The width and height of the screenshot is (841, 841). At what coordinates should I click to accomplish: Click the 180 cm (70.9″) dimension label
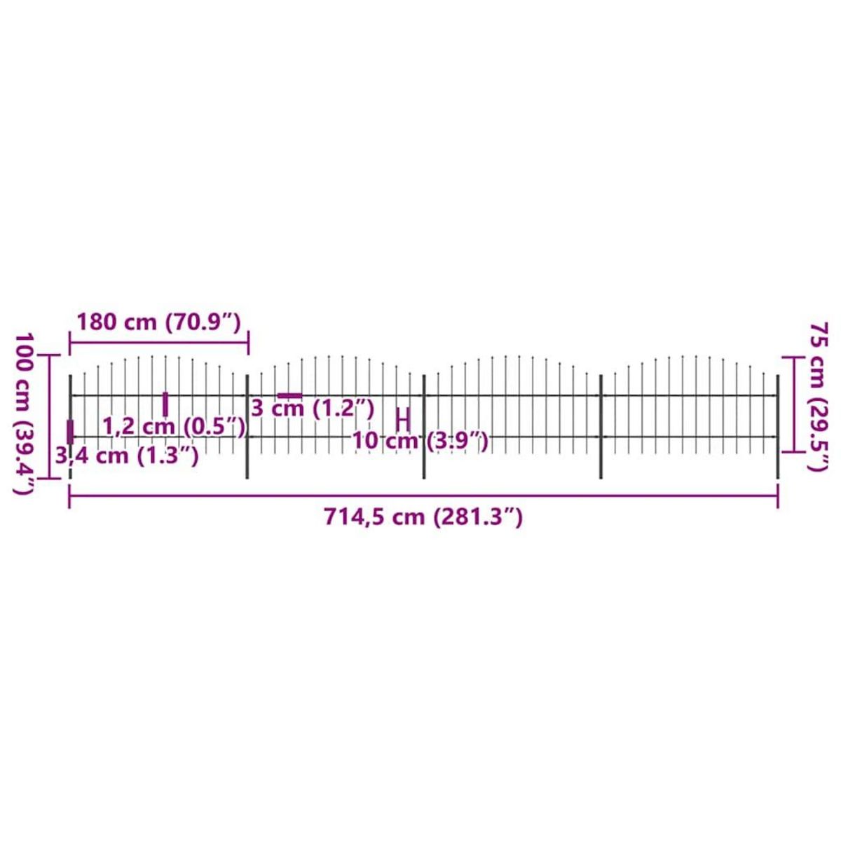[x=158, y=323]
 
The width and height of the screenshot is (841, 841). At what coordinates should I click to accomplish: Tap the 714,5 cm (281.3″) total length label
[x=423, y=517]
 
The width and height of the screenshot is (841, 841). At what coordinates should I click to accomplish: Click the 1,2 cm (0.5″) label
[x=173, y=425]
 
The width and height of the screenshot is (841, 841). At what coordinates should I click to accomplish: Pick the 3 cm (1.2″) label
[x=313, y=408]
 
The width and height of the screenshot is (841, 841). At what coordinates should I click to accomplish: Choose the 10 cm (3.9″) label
[x=420, y=441]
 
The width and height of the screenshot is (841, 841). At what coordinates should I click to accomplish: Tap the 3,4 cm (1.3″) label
[x=126, y=456]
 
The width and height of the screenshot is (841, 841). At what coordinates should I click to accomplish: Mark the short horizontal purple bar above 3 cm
[x=289, y=396]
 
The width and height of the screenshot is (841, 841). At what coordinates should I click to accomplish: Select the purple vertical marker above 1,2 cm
[x=165, y=403]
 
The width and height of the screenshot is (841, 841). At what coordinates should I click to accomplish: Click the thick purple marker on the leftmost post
[x=70, y=431]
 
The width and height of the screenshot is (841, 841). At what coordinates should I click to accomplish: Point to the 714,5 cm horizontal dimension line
[x=423, y=495]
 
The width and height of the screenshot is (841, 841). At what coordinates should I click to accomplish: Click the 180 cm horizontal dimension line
[x=158, y=343]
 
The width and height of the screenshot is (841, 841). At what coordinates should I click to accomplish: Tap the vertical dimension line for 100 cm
[x=49, y=416]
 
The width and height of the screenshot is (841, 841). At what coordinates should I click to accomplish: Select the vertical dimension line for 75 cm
[x=793, y=404]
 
